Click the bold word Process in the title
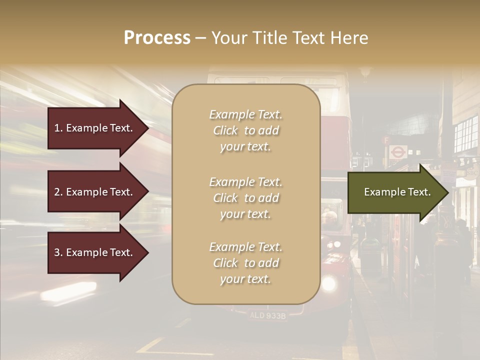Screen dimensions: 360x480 point(157,38)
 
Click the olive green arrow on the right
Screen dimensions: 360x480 point(395,192)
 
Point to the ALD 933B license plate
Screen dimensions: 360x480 point(267,315)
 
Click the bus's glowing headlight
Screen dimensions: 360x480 point(328,284)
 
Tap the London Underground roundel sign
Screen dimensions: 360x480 point(397,151)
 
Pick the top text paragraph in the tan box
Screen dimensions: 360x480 point(245,130)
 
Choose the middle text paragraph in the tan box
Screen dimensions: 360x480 point(245,198)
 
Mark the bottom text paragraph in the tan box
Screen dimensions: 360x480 point(245,263)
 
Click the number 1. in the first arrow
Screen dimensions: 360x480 point(58,128)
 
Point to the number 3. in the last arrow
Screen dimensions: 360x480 point(58,252)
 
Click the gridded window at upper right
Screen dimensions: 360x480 point(466,134)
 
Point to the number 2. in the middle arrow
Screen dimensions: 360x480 point(58,192)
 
